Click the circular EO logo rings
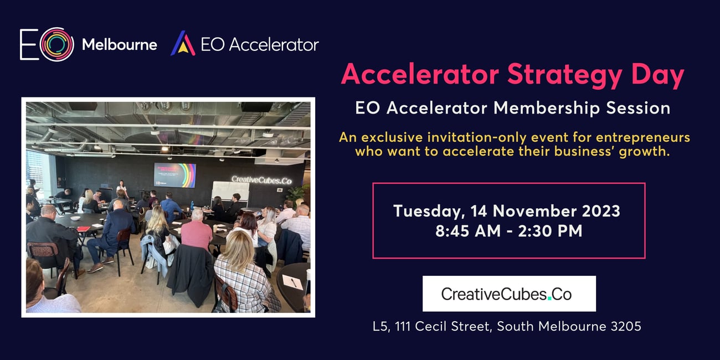[x=57, y=44]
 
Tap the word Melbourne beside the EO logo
[x=120, y=45]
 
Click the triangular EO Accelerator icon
[x=183, y=43]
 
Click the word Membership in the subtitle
[x=547, y=108]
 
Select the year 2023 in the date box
[x=601, y=211]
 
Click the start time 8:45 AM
[x=467, y=231]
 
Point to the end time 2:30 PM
[x=550, y=231]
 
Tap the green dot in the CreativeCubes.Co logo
[x=549, y=299]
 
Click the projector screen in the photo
[x=174, y=175]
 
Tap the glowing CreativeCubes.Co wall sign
[x=261, y=180]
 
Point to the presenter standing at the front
[x=121, y=188]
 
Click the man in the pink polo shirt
[x=197, y=230]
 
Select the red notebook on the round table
[x=84, y=229]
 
